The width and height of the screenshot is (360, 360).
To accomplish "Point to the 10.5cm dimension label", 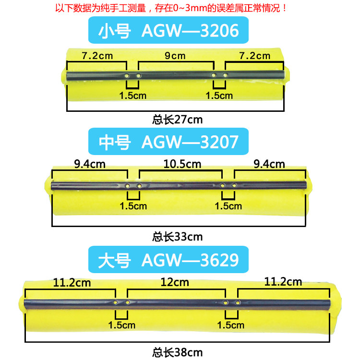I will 181,164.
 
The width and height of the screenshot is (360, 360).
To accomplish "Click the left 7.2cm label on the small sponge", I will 97,56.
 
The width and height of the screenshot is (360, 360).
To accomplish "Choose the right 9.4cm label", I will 270,164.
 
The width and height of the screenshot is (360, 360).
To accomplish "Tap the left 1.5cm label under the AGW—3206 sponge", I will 132,96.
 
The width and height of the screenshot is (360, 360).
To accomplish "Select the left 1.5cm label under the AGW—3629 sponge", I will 121,325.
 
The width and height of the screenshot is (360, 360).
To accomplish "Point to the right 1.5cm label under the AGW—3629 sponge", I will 231,325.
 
